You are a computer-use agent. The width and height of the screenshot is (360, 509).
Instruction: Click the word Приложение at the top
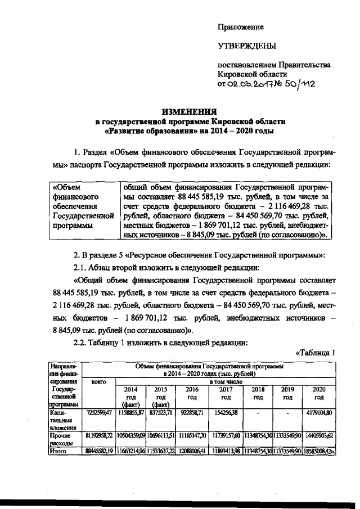point(241,27)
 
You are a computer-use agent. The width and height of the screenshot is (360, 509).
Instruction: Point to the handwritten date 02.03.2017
point(253,84)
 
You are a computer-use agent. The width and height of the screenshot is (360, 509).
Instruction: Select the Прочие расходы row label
point(62,438)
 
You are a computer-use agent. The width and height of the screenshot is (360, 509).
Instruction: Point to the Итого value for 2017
point(226,451)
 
